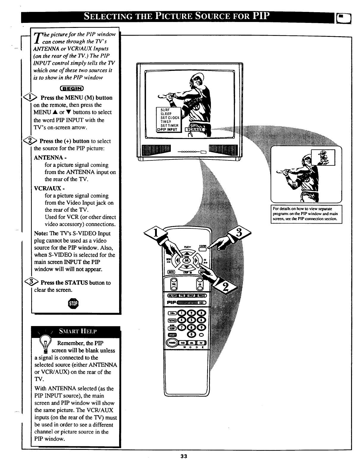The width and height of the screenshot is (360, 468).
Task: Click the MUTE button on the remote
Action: click(171, 272)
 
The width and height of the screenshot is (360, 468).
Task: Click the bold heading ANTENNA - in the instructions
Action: click(50, 157)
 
